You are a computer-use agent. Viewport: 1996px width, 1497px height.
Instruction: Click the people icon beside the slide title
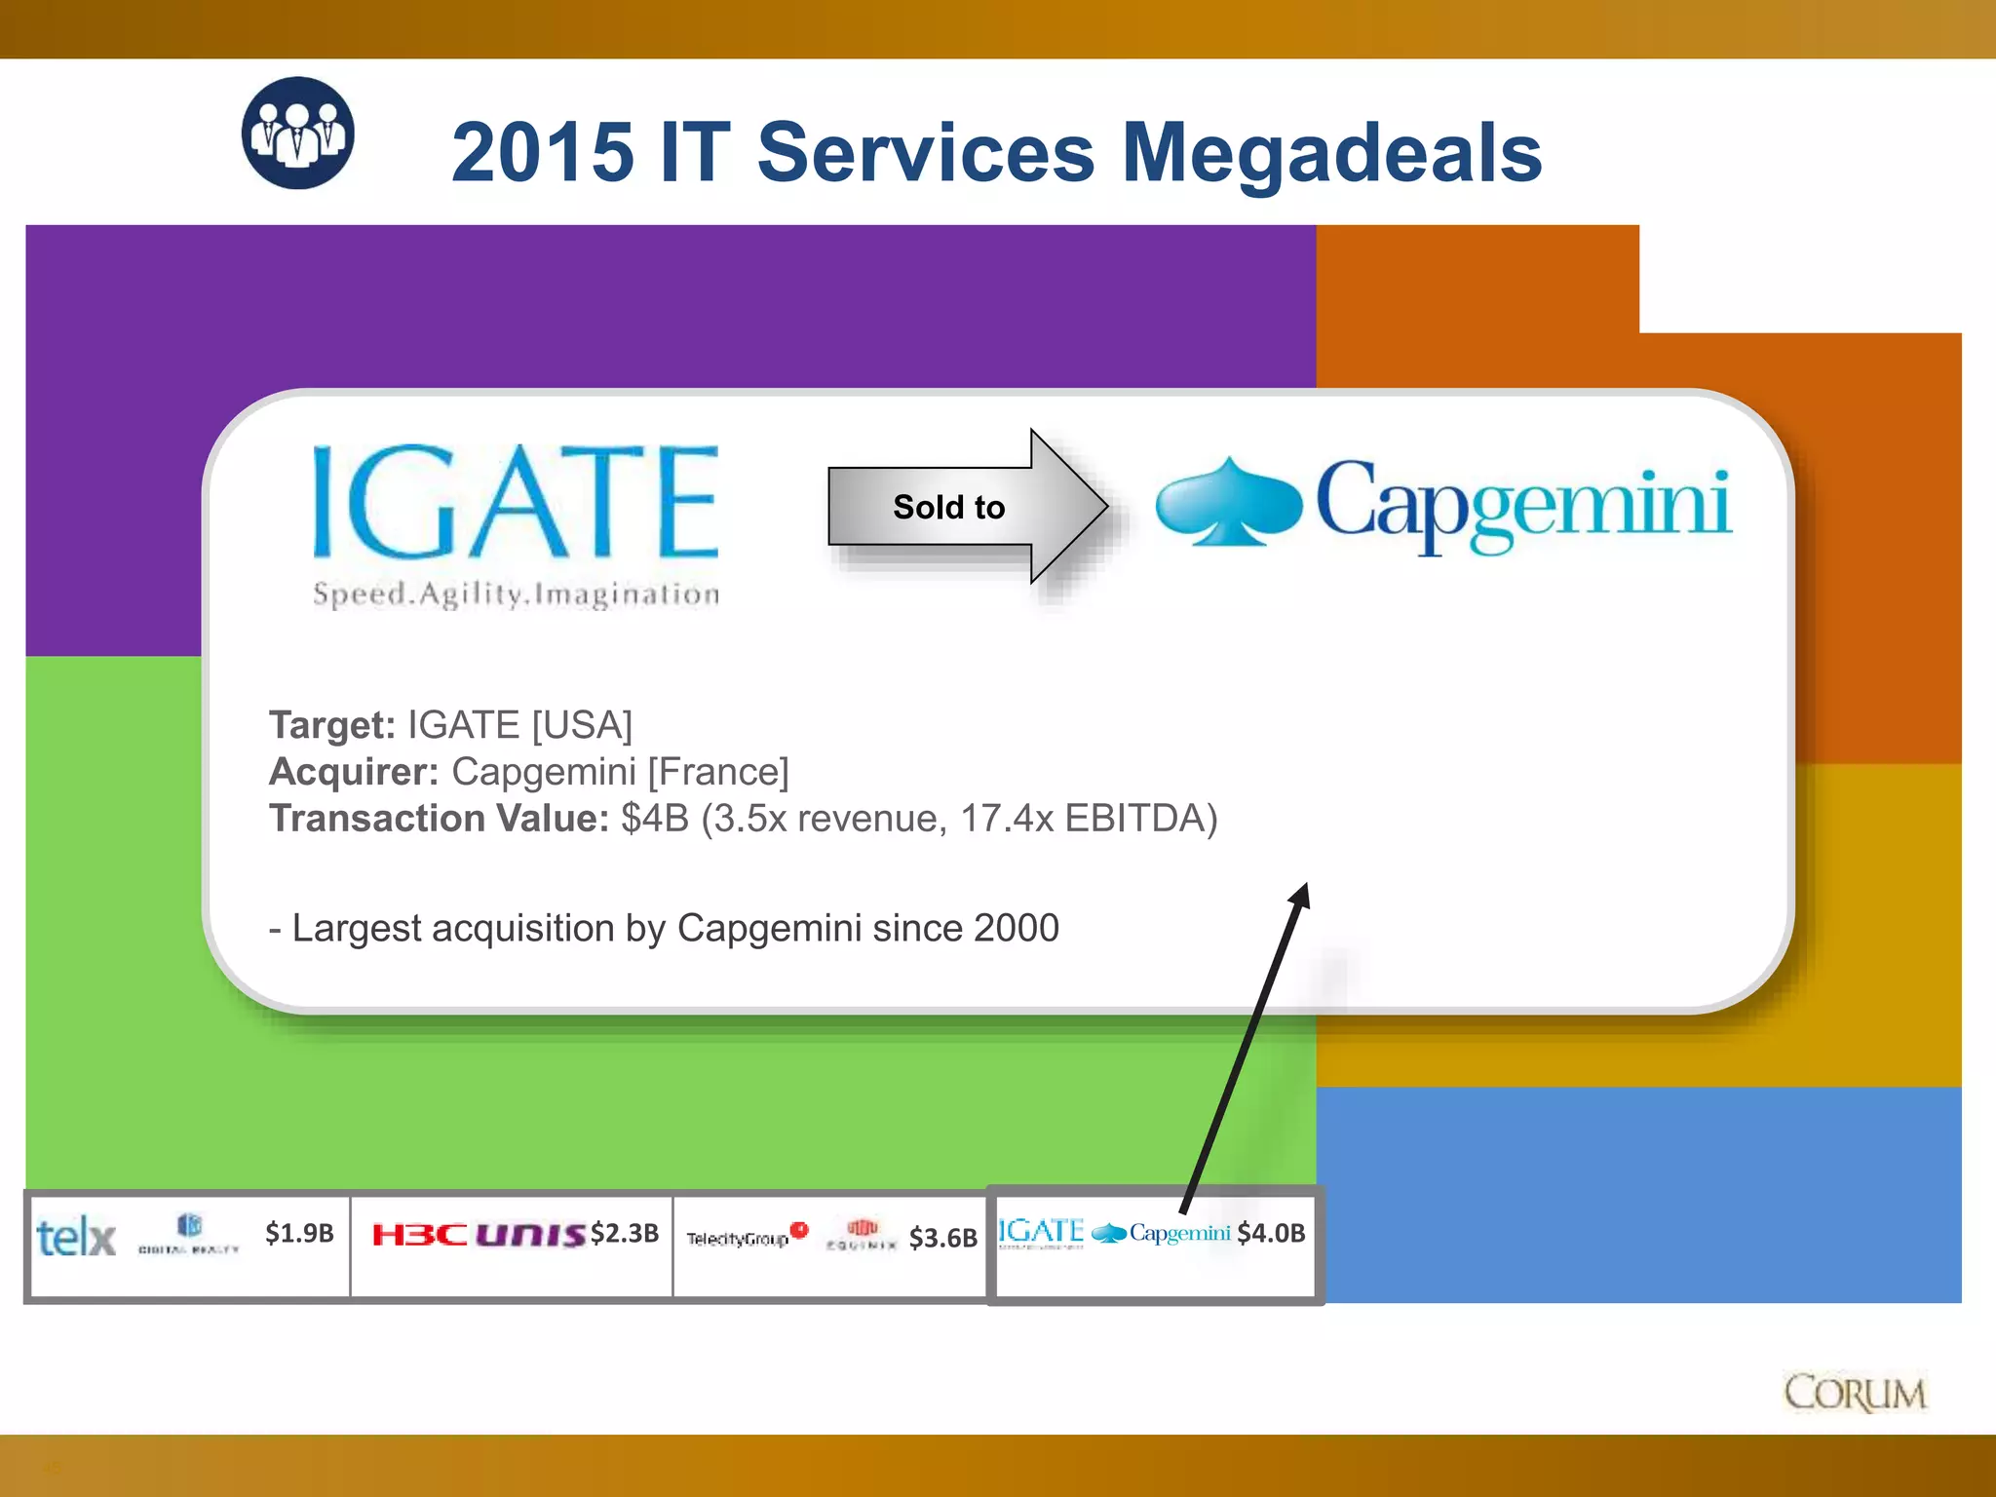pos(298,133)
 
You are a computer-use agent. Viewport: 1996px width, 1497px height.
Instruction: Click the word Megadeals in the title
pos(1331,153)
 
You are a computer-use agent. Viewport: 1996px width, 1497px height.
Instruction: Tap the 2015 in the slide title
pos(542,153)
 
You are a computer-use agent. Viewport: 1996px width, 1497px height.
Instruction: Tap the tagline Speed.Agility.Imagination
pos(516,594)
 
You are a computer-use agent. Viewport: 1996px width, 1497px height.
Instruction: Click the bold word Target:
pos(332,725)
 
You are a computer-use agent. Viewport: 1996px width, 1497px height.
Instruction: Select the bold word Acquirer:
pos(354,772)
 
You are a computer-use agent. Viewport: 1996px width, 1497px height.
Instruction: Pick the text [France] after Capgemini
pos(718,772)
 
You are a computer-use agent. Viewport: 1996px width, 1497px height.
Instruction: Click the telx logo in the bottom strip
pos(76,1238)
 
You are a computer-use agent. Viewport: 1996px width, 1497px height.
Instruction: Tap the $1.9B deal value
pos(299,1234)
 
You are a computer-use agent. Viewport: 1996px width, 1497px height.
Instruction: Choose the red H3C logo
pos(420,1236)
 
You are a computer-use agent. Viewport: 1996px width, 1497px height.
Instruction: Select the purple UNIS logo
pos(531,1236)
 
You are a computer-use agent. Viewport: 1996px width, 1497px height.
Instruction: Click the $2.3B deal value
pos(625,1234)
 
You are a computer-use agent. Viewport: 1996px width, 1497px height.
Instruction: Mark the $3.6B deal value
pos(942,1238)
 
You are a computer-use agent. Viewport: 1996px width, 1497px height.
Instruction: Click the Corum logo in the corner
pos(1855,1393)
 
